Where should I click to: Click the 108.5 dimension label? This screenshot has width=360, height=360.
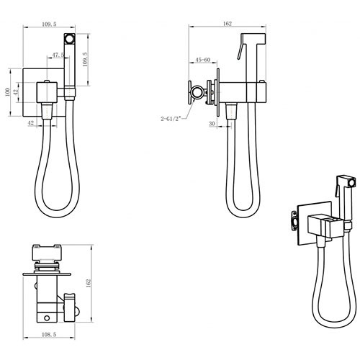point(49,334)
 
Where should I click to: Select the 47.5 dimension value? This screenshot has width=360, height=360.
point(58,55)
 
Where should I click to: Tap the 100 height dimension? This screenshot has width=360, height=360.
point(7,92)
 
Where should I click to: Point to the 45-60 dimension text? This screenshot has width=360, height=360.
point(203,60)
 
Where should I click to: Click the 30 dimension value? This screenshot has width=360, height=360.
point(212,124)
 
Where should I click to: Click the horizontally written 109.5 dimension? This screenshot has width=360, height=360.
point(49,24)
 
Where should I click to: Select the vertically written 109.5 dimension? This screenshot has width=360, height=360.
point(86,59)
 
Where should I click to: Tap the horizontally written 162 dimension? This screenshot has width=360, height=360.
point(228,24)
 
